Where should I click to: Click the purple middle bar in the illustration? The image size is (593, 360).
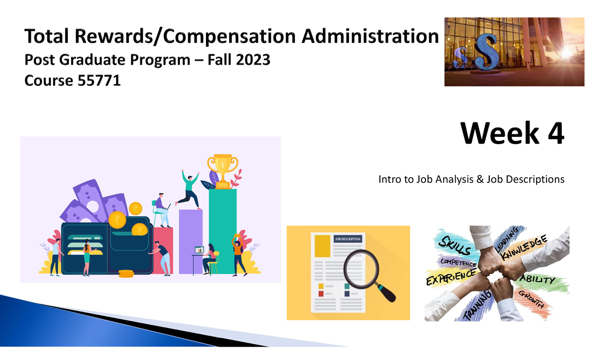click(x=190, y=241)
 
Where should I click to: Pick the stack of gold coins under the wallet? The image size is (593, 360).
click(x=126, y=273)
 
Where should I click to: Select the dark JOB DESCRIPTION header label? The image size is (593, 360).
click(x=348, y=239)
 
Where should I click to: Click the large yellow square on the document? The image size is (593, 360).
click(x=322, y=245)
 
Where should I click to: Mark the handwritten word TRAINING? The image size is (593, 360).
click(x=478, y=304)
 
